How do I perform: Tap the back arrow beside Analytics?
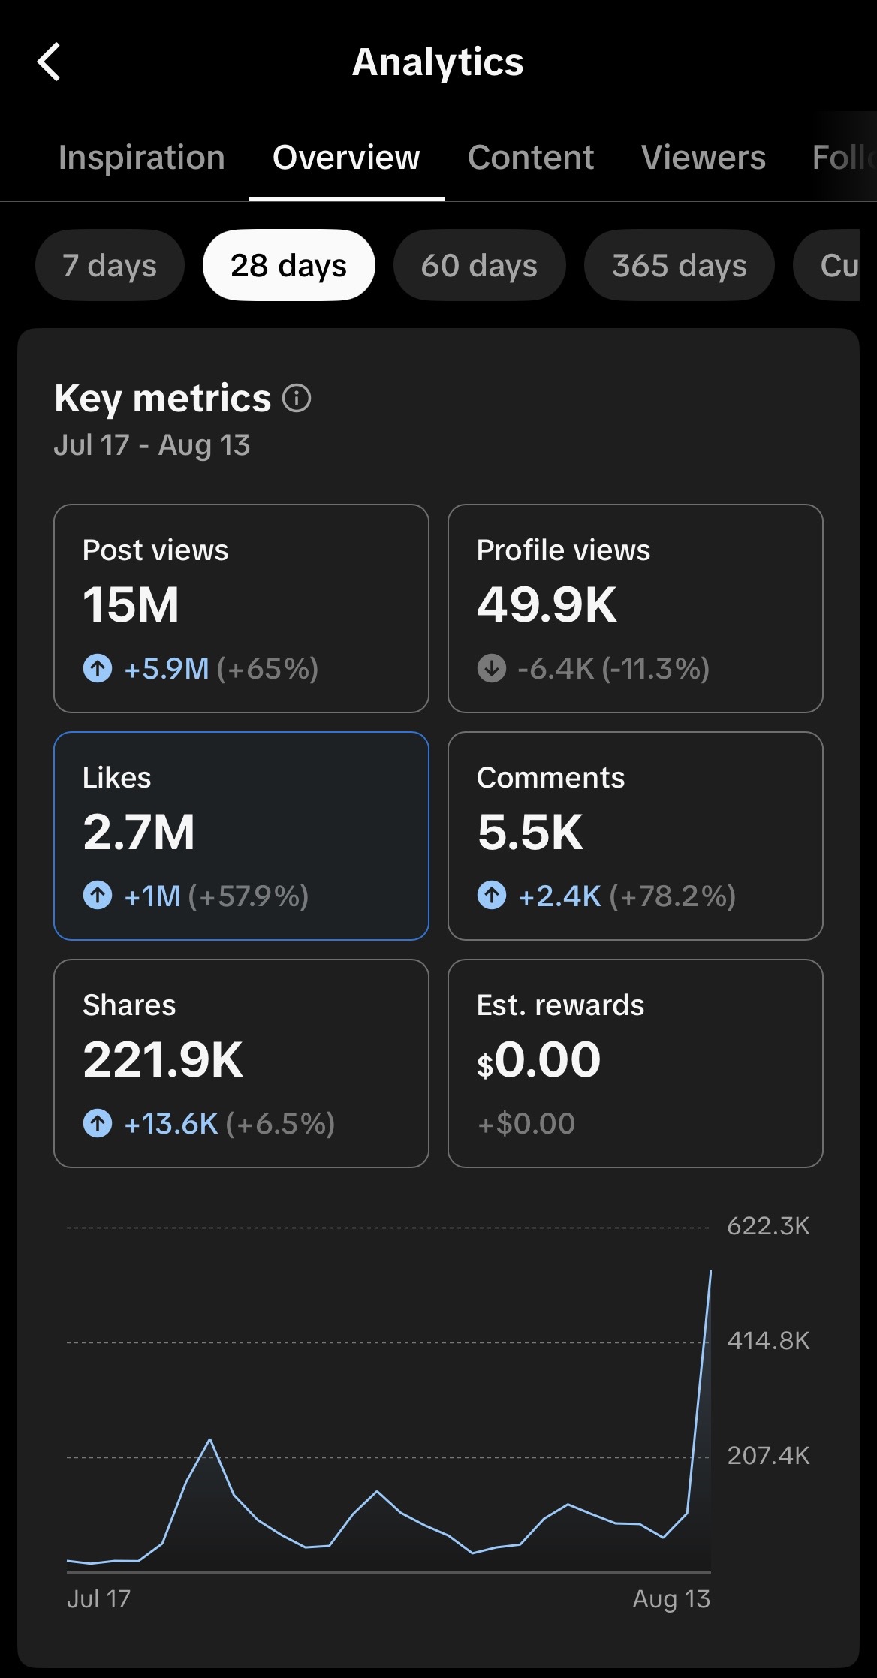[49, 62]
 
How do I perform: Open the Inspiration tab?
[142, 158]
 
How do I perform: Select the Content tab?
[531, 158]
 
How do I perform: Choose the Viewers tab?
[704, 158]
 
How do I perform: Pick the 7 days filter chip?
[110, 265]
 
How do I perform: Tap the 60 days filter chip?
[479, 265]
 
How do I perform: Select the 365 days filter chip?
[680, 265]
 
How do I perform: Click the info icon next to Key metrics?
[297, 398]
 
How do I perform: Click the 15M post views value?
[131, 605]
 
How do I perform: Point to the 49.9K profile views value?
[547, 605]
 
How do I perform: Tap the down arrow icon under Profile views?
[492, 668]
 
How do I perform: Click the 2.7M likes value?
[139, 833]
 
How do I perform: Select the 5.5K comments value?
[530, 833]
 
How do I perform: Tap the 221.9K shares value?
[163, 1060]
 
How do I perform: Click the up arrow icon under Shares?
[98, 1123]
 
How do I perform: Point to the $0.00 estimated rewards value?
[538, 1060]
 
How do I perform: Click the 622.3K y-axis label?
[769, 1226]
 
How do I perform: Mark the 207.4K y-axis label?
[769, 1456]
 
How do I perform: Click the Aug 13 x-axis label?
[671, 1598]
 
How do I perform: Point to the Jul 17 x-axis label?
[98, 1598]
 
